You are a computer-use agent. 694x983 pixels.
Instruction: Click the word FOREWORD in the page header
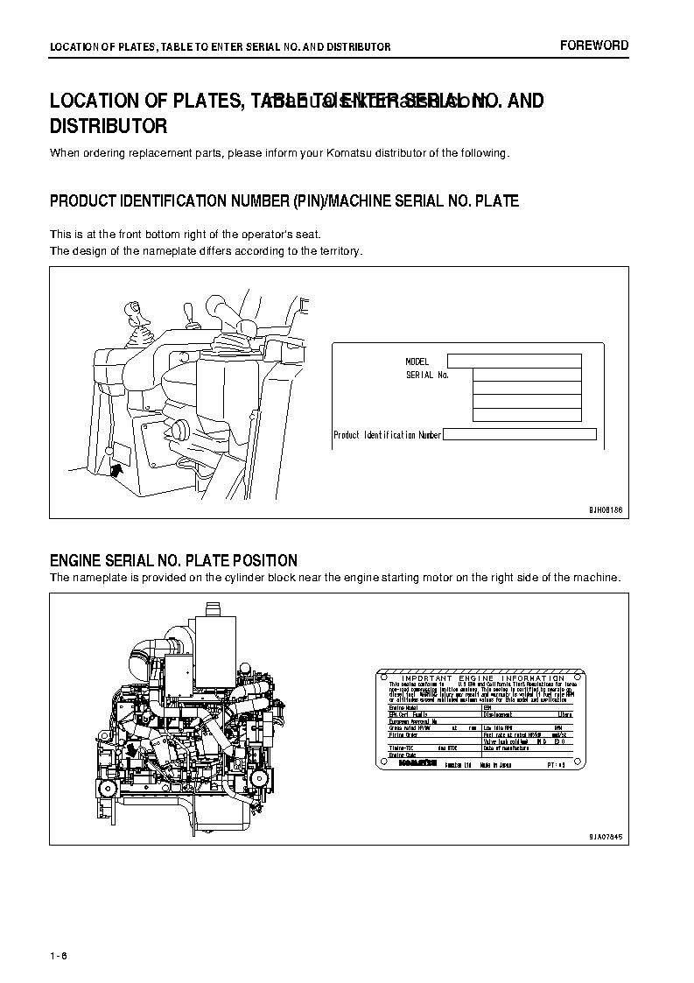click(594, 46)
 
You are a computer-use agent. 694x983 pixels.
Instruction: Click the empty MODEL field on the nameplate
click(514, 361)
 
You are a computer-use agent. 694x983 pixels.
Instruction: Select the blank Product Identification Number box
click(520, 434)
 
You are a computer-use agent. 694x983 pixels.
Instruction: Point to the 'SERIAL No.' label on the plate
click(427, 375)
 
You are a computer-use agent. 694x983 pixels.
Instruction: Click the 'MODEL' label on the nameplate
click(417, 362)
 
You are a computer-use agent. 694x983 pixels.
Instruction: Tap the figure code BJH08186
click(604, 508)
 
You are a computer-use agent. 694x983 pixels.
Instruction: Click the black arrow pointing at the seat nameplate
click(117, 471)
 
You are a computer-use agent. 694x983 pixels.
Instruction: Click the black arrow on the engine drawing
click(131, 750)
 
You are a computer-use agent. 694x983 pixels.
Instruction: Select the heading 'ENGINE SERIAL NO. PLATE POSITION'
click(173, 560)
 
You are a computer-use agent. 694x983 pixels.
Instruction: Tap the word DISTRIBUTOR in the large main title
click(109, 126)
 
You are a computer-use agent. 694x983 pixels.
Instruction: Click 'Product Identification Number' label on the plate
click(387, 435)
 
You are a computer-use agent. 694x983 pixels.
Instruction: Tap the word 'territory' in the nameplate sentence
click(338, 251)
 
